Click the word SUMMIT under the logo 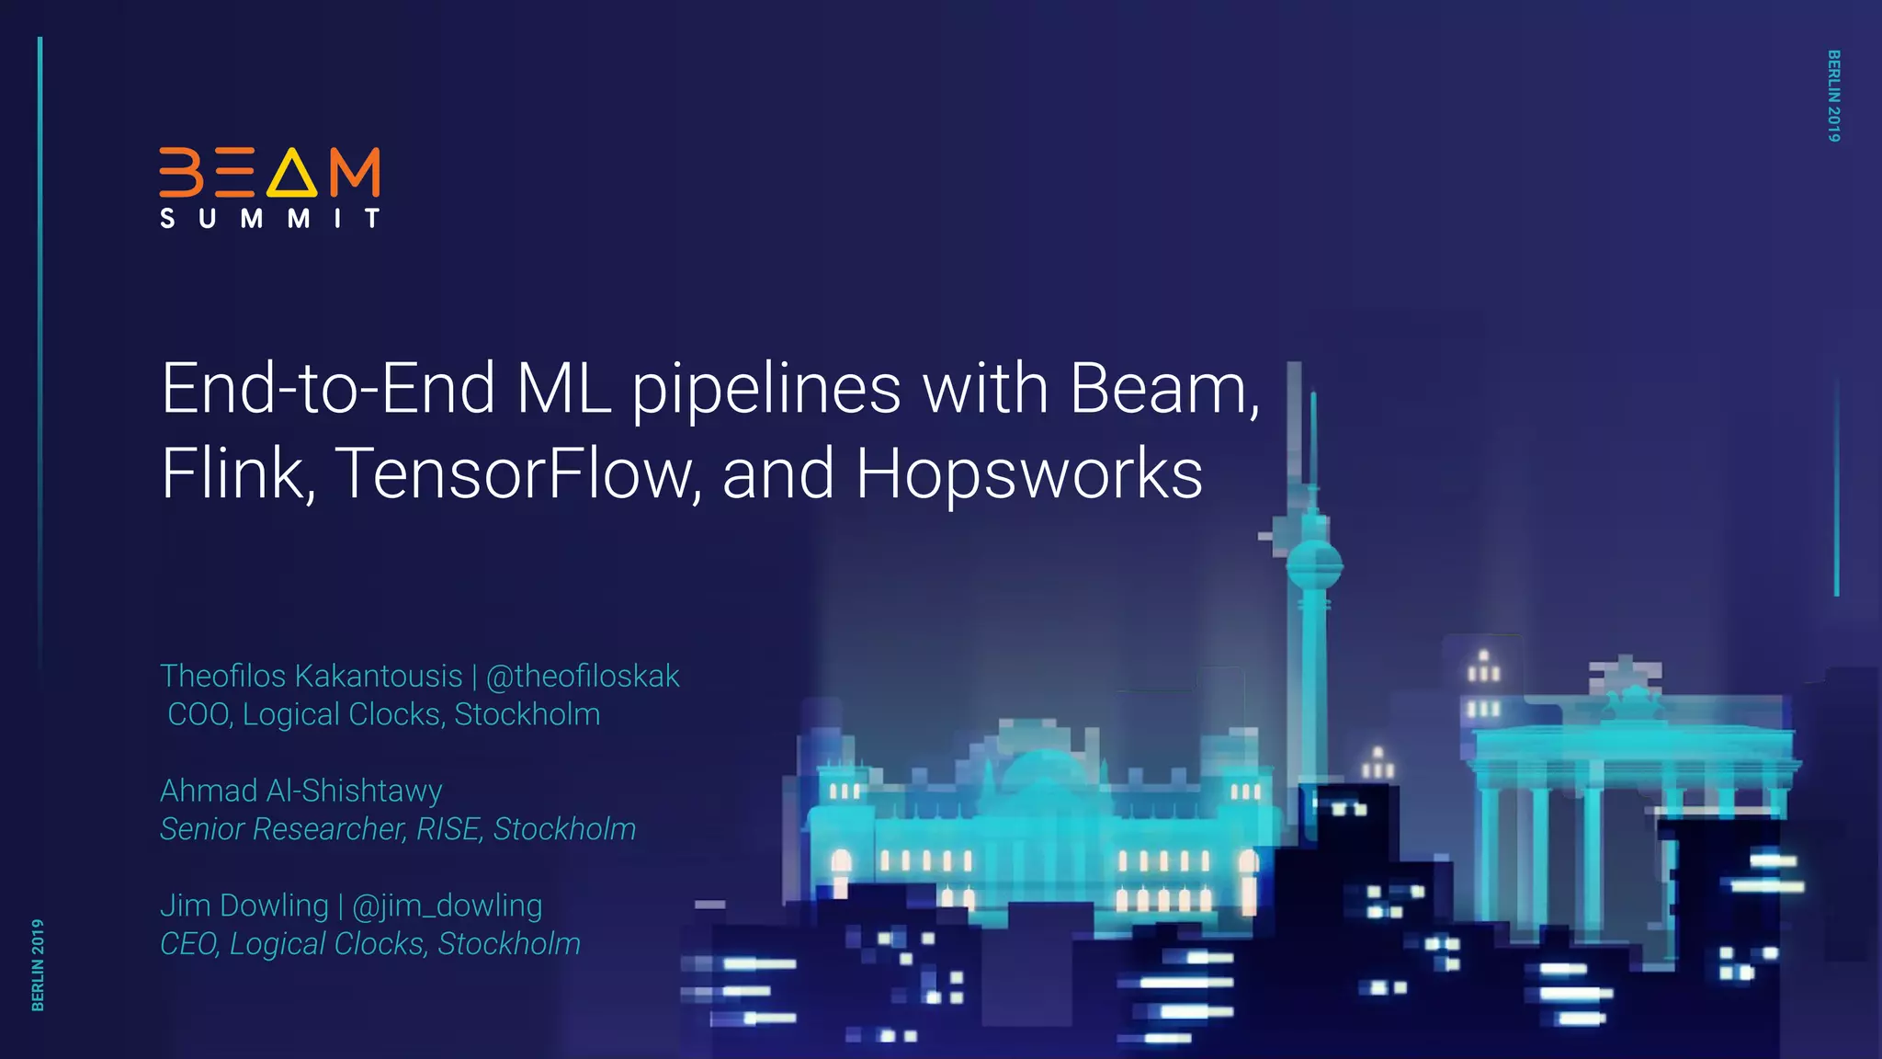click(269, 219)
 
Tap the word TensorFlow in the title click(517, 474)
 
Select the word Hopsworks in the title click(1028, 474)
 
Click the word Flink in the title click(237, 474)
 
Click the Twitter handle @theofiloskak click(583, 677)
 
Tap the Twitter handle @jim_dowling click(448, 906)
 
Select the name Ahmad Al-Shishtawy click(301, 791)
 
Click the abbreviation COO click(198, 715)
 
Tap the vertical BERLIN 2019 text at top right click(1833, 96)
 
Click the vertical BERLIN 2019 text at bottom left click(38, 964)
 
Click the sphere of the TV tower click(1314, 564)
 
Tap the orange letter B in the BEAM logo click(181, 172)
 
